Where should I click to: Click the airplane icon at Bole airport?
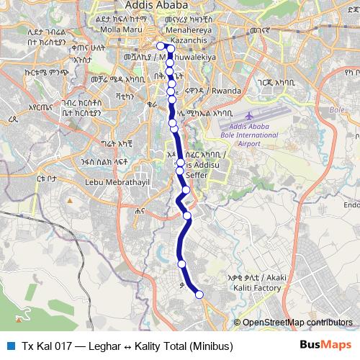(x=249, y=115)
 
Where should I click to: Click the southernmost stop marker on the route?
(x=199, y=294)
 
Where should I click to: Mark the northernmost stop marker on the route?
(x=160, y=46)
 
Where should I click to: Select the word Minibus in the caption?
(x=212, y=346)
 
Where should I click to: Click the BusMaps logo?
(x=326, y=346)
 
